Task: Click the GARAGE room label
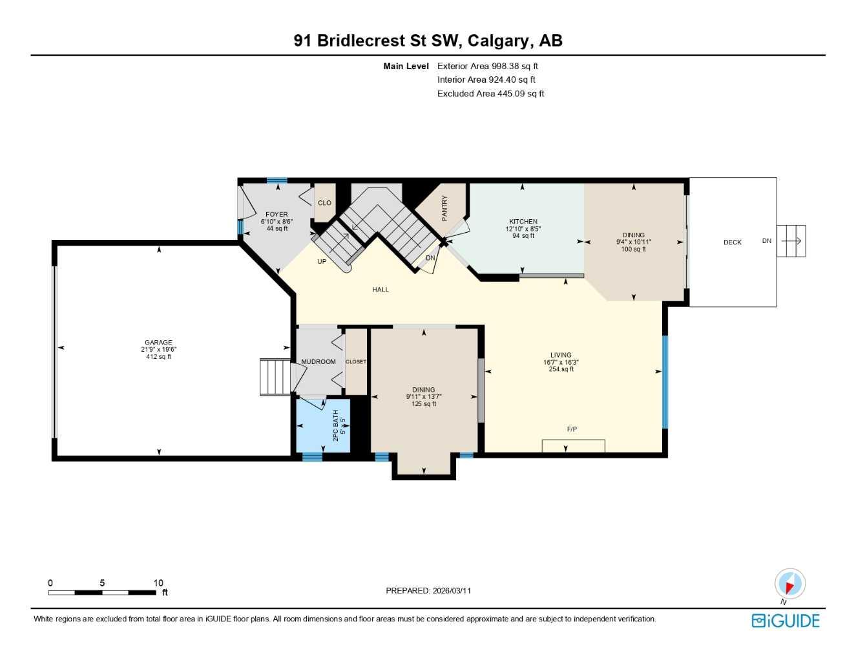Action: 158,343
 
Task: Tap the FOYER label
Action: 277,214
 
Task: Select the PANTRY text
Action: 444,208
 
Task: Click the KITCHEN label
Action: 523,221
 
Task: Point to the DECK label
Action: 732,242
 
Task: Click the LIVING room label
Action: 561,355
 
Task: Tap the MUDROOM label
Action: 318,362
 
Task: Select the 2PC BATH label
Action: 335,425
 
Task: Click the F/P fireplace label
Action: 572,429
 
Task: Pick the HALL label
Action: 381,290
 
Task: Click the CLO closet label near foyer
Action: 324,203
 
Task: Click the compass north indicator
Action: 789,584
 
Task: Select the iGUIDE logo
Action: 786,621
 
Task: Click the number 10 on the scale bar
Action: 158,582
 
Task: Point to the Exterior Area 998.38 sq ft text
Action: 487,66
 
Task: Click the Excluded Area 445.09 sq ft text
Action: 490,94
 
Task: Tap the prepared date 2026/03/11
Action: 452,590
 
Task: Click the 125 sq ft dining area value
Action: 424,404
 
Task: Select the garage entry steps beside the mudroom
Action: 276,376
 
